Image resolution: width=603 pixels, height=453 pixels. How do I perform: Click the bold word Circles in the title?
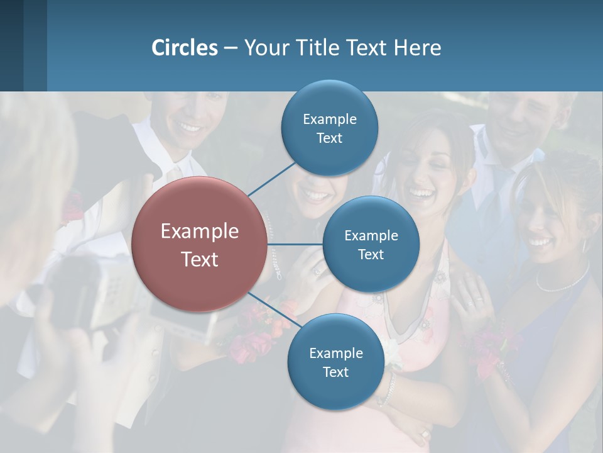pyautogui.click(x=184, y=48)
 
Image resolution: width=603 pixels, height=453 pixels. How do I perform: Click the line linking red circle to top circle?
pyautogui.click(x=271, y=179)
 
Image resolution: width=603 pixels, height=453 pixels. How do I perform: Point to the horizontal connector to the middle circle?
pyautogui.click(x=295, y=244)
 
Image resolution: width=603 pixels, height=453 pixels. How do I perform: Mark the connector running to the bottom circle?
pyautogui.click(x=274, y=310)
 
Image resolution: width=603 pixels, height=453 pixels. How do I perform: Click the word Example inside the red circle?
pyautogui.click(x=200, y=232)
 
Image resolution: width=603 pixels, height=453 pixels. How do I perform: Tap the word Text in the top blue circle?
pyautogui.click(x=329, y=138)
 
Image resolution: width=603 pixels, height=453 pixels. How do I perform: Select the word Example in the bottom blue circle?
pyautogui.click(x=335, y=353)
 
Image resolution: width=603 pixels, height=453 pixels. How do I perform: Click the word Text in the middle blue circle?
pyautogui.click(x=371, y=255)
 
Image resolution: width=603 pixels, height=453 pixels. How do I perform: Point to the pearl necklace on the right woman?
pyautogui.click(x=562, y=282)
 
